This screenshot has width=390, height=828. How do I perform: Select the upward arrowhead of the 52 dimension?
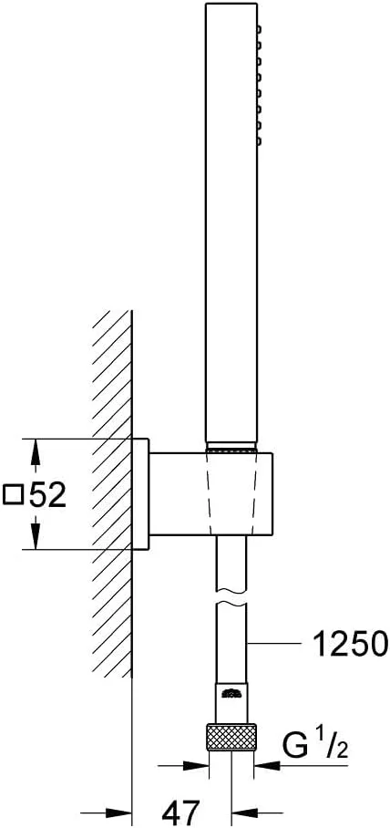(x=35, y=451)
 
